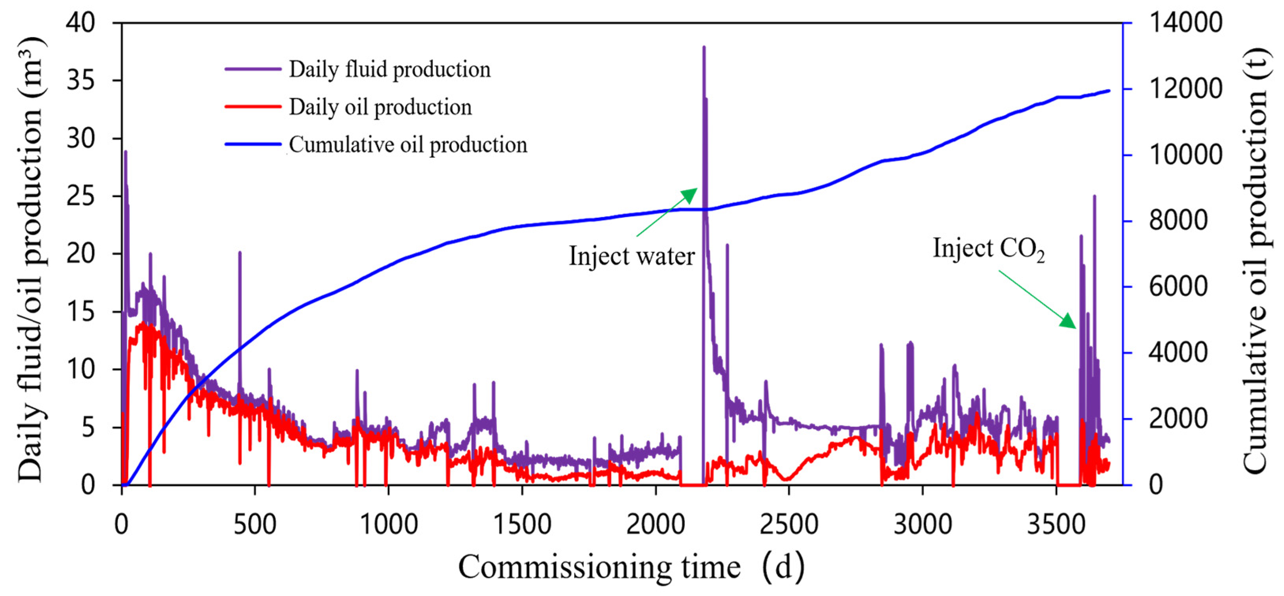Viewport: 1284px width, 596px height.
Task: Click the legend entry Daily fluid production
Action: [389, 69]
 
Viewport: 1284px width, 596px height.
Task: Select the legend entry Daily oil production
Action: [380, 107]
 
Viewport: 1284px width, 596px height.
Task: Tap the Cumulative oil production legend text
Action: [408, 145]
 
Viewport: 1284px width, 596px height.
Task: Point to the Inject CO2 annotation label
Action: [988, 248]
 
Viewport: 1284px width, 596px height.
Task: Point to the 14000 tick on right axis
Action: [1186, 22]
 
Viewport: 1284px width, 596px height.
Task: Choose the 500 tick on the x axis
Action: [255, 525]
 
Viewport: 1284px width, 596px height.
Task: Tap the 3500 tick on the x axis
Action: [1056, 525]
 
